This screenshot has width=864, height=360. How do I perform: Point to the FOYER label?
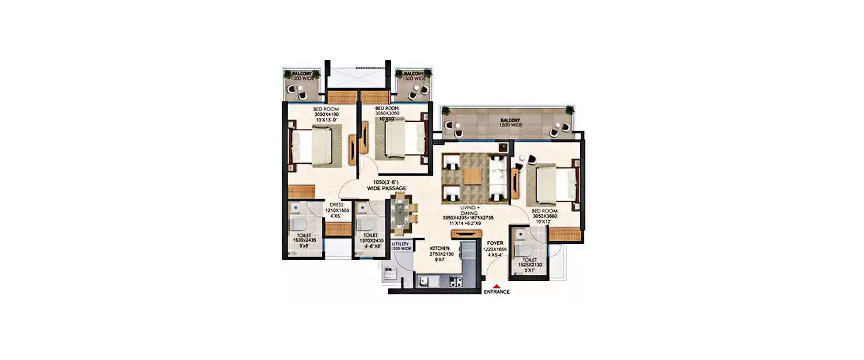pyautogui.click(x=495, y=243)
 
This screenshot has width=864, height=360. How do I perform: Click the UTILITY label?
pyautogui.click(x=400, y=244)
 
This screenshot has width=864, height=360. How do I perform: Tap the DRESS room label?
pyautogui.click(x=336, y=204)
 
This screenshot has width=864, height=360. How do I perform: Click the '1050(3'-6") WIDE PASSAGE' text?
pyautogui.click(x=386, y=185)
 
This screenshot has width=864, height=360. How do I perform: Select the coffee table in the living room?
pyautogui.click(x=472, y=176)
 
